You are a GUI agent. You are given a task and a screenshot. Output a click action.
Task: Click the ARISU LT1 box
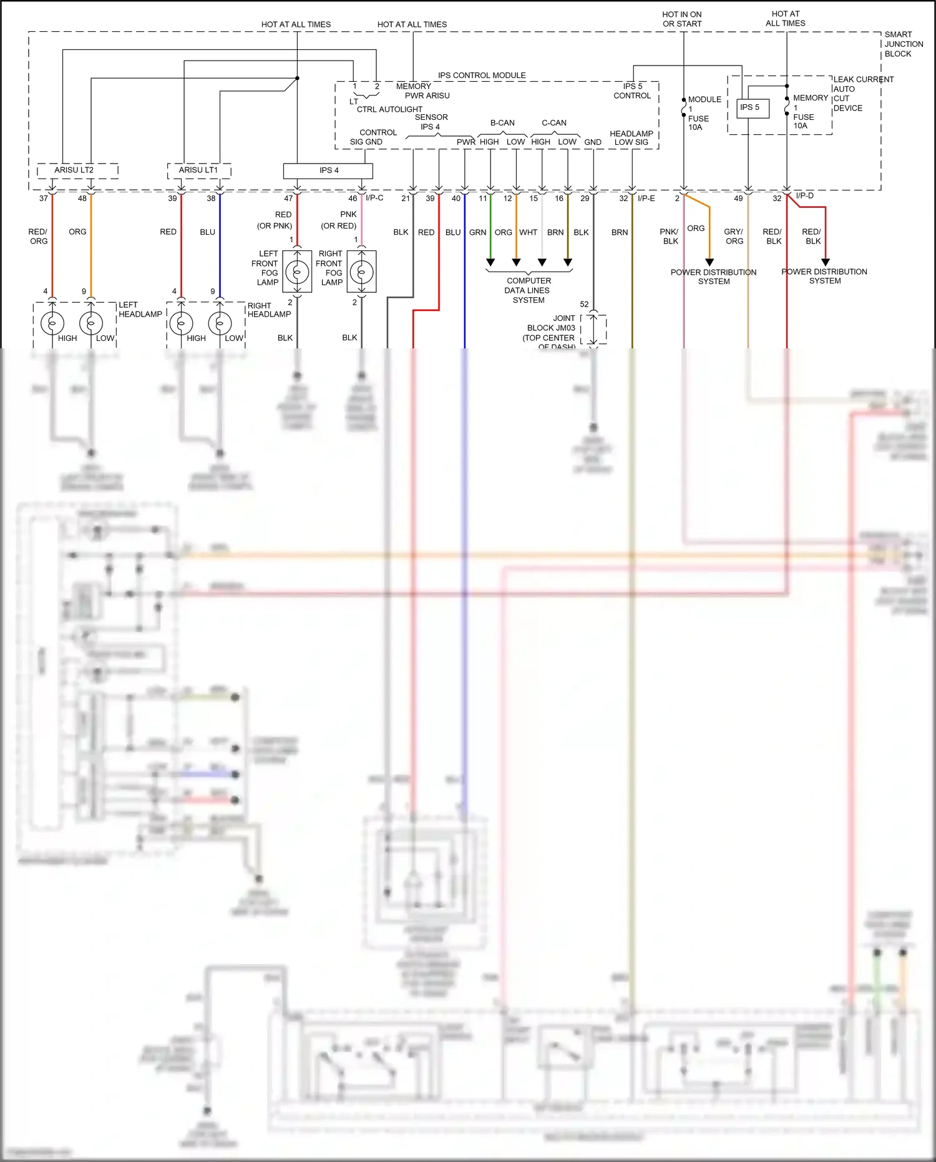click(199, 170)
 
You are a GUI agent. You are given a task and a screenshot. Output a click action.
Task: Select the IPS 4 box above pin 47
click(328, 170)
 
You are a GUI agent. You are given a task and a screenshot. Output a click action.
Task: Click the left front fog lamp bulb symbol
click(298, 272)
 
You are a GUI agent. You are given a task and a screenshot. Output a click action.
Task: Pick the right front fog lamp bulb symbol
click(362, 272)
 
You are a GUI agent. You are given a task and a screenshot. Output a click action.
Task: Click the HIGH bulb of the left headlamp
click(52, 323)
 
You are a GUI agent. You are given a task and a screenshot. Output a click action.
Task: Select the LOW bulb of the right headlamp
click(220, 323)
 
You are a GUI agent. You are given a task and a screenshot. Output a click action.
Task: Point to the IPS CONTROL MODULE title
click(482, 76)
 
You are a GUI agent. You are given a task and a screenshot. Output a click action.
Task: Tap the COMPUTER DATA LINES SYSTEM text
click(528, 290)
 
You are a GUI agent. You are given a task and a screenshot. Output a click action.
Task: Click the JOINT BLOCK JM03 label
click(550, 328)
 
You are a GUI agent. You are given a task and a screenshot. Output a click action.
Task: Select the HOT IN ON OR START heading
click(682, 19)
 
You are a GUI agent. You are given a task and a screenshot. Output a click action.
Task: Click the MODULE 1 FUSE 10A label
click(703, 113)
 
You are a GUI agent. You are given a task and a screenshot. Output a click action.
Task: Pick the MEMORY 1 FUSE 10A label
click(809, 112)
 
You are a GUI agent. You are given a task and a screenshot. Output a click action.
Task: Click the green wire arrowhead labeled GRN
click(490, 262)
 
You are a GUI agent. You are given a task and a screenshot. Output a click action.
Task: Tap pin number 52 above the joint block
click(584, 305)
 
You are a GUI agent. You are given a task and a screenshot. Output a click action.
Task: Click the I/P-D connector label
click(805, 196)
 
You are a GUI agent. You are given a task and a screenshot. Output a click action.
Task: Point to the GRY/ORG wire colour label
click(734, 236)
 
